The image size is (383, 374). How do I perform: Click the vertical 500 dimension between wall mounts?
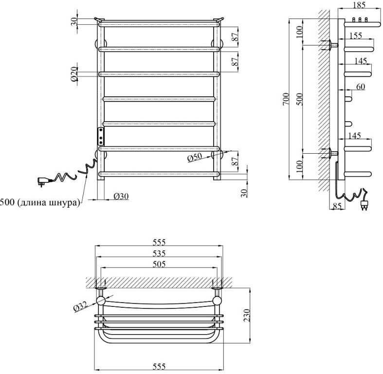pyautogui.click(x=299, y=99)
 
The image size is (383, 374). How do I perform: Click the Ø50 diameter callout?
pyautogui.click(x=195, y=158)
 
